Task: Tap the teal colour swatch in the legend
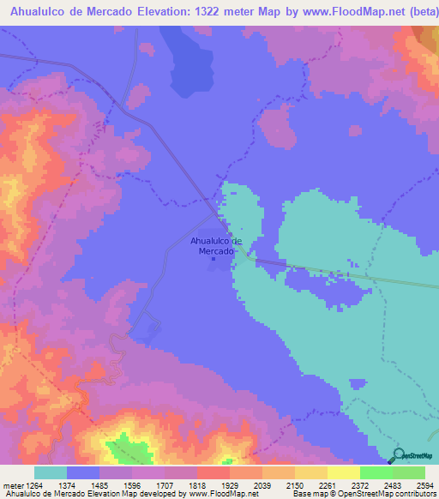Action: [51, 472]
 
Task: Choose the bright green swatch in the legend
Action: [376, 472]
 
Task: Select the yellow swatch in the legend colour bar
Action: [310, 472]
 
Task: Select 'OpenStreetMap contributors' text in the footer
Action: [389, 493]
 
